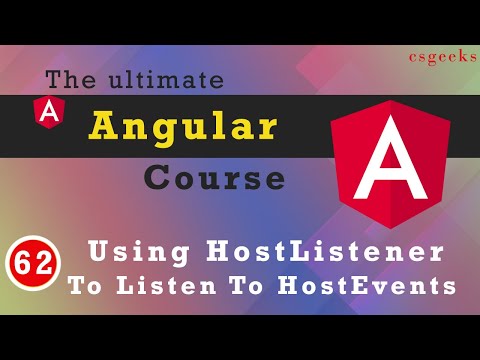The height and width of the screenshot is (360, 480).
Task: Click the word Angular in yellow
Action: tap(183, 128)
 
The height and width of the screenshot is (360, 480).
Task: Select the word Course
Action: tap(212, 178)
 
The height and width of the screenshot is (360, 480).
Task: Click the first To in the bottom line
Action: tap(86, 285)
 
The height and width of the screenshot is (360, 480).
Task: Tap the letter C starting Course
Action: tap(159, 178)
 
